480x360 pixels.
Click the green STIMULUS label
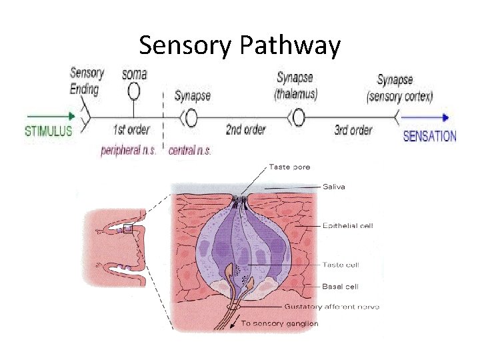tap(48, 131)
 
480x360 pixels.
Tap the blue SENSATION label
tap(430, 137)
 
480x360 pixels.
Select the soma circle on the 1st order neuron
tap(134, 90)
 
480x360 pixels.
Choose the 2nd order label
tap(245, 129)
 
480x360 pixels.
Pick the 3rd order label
tap(353, 129)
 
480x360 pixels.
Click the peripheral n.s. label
tap(129, 150)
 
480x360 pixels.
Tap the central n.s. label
tap(191, 151)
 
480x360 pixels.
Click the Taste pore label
tap(289, 167)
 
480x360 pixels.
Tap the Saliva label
tap(334, 187)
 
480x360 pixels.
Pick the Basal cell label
tap(341, 287)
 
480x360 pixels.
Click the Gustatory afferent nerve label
tap(332, 307)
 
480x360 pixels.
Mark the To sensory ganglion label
tap(279, 323)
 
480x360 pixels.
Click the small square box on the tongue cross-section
tap(127, 229)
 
